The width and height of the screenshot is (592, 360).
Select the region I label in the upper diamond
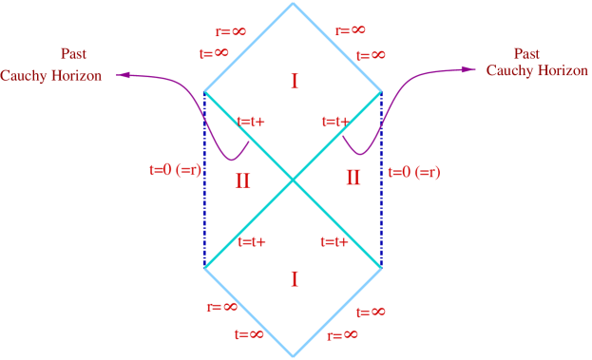coord(294,82)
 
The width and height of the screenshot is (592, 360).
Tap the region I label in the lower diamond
coord(294,278)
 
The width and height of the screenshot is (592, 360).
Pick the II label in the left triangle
coord(242,180)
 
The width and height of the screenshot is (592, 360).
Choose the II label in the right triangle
coord(353,178)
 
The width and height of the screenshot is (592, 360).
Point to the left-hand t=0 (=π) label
coord(176,170)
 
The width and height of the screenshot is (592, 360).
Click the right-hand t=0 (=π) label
coord(413,173)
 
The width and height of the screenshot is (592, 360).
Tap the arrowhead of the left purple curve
coord(121,75)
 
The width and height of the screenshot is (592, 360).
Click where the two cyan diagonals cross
coord(293,180)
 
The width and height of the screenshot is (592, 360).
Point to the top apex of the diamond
coord(293,4)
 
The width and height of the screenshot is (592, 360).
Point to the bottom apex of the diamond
coord(293,355)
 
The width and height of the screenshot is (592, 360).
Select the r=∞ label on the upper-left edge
coord(231,32)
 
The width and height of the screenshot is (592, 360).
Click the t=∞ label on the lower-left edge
coord(249,333)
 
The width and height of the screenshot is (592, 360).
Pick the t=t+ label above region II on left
coord(251,122)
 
